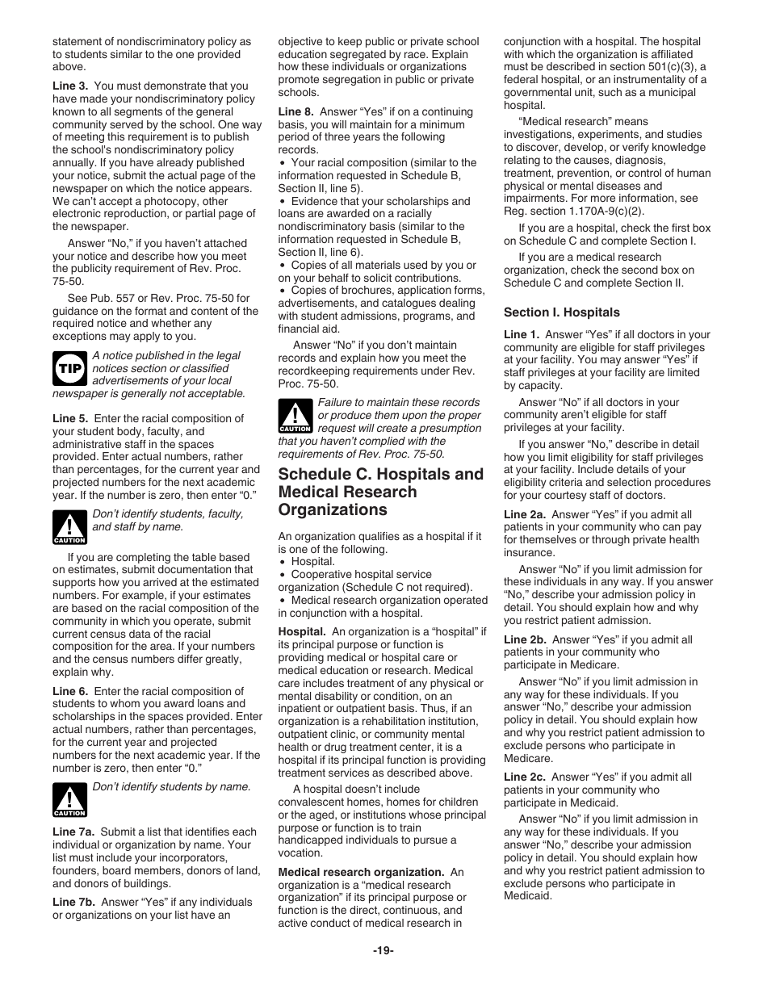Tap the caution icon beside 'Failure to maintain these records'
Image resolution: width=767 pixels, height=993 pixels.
point(295,416)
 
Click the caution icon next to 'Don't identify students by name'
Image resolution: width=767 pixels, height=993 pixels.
point(69,799)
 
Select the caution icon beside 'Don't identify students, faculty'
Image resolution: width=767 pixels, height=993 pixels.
point(69,527)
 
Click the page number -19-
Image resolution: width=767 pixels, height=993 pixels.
point(383,950)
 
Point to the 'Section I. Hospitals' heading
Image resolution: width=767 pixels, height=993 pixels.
point(561,312)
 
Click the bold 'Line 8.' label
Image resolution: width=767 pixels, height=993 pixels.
point(296,111)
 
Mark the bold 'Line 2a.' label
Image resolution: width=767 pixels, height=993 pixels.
point(525,514)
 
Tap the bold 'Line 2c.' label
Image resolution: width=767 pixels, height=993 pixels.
point(525,777)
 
